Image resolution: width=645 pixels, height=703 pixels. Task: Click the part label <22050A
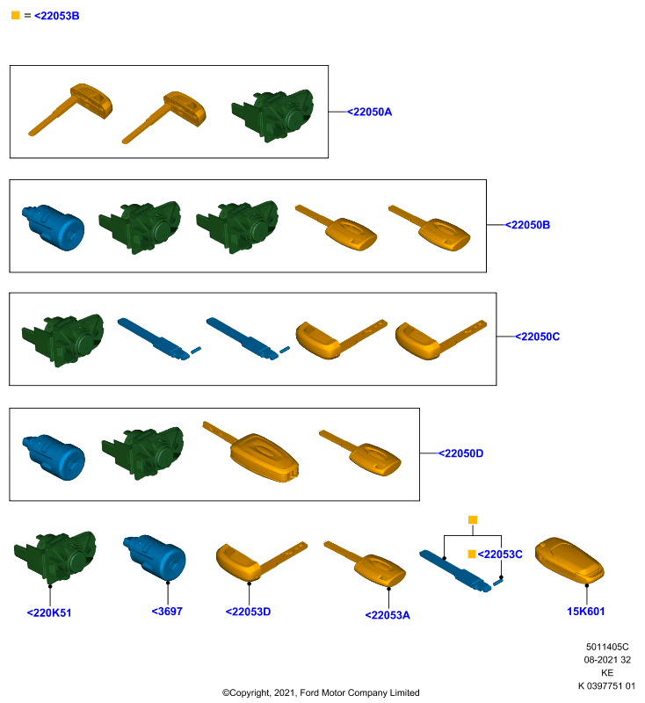click(x=370, y=112)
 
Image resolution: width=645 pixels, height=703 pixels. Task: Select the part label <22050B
click(x=527, y=225)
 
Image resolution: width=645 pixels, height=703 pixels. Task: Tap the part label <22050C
click(x=538, y=337)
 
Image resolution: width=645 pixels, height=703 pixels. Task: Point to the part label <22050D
click(x=460, y=453)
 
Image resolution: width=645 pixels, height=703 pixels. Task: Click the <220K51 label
click(x=49, y=612)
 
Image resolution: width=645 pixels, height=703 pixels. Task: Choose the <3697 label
click(x=167, y=611)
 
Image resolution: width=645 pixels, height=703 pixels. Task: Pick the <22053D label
click(x=249, y=612)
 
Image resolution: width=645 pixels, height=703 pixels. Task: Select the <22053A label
click(x=388, y=614)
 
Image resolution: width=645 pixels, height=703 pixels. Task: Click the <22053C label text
click(x=500, y=554)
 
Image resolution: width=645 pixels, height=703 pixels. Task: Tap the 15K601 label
click(x=586, y=611)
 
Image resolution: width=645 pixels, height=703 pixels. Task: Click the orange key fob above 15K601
click(x=569, y=561)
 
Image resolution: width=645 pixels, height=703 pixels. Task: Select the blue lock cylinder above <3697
click(x=155, y=558)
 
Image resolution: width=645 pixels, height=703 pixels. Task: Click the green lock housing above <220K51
click(x=55, y=557)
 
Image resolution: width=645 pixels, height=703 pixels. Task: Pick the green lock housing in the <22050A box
click(x=272, y=115)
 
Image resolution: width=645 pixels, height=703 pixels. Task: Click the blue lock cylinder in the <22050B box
click(x=53, y=228)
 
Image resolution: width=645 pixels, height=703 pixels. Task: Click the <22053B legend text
click(x=57, y=16)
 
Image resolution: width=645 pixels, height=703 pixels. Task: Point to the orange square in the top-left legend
click(x=15, y=15)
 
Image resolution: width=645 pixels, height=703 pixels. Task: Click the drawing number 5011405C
click(x=607, y=647)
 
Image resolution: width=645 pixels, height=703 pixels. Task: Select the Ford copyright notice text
click(x=321, y=692)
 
